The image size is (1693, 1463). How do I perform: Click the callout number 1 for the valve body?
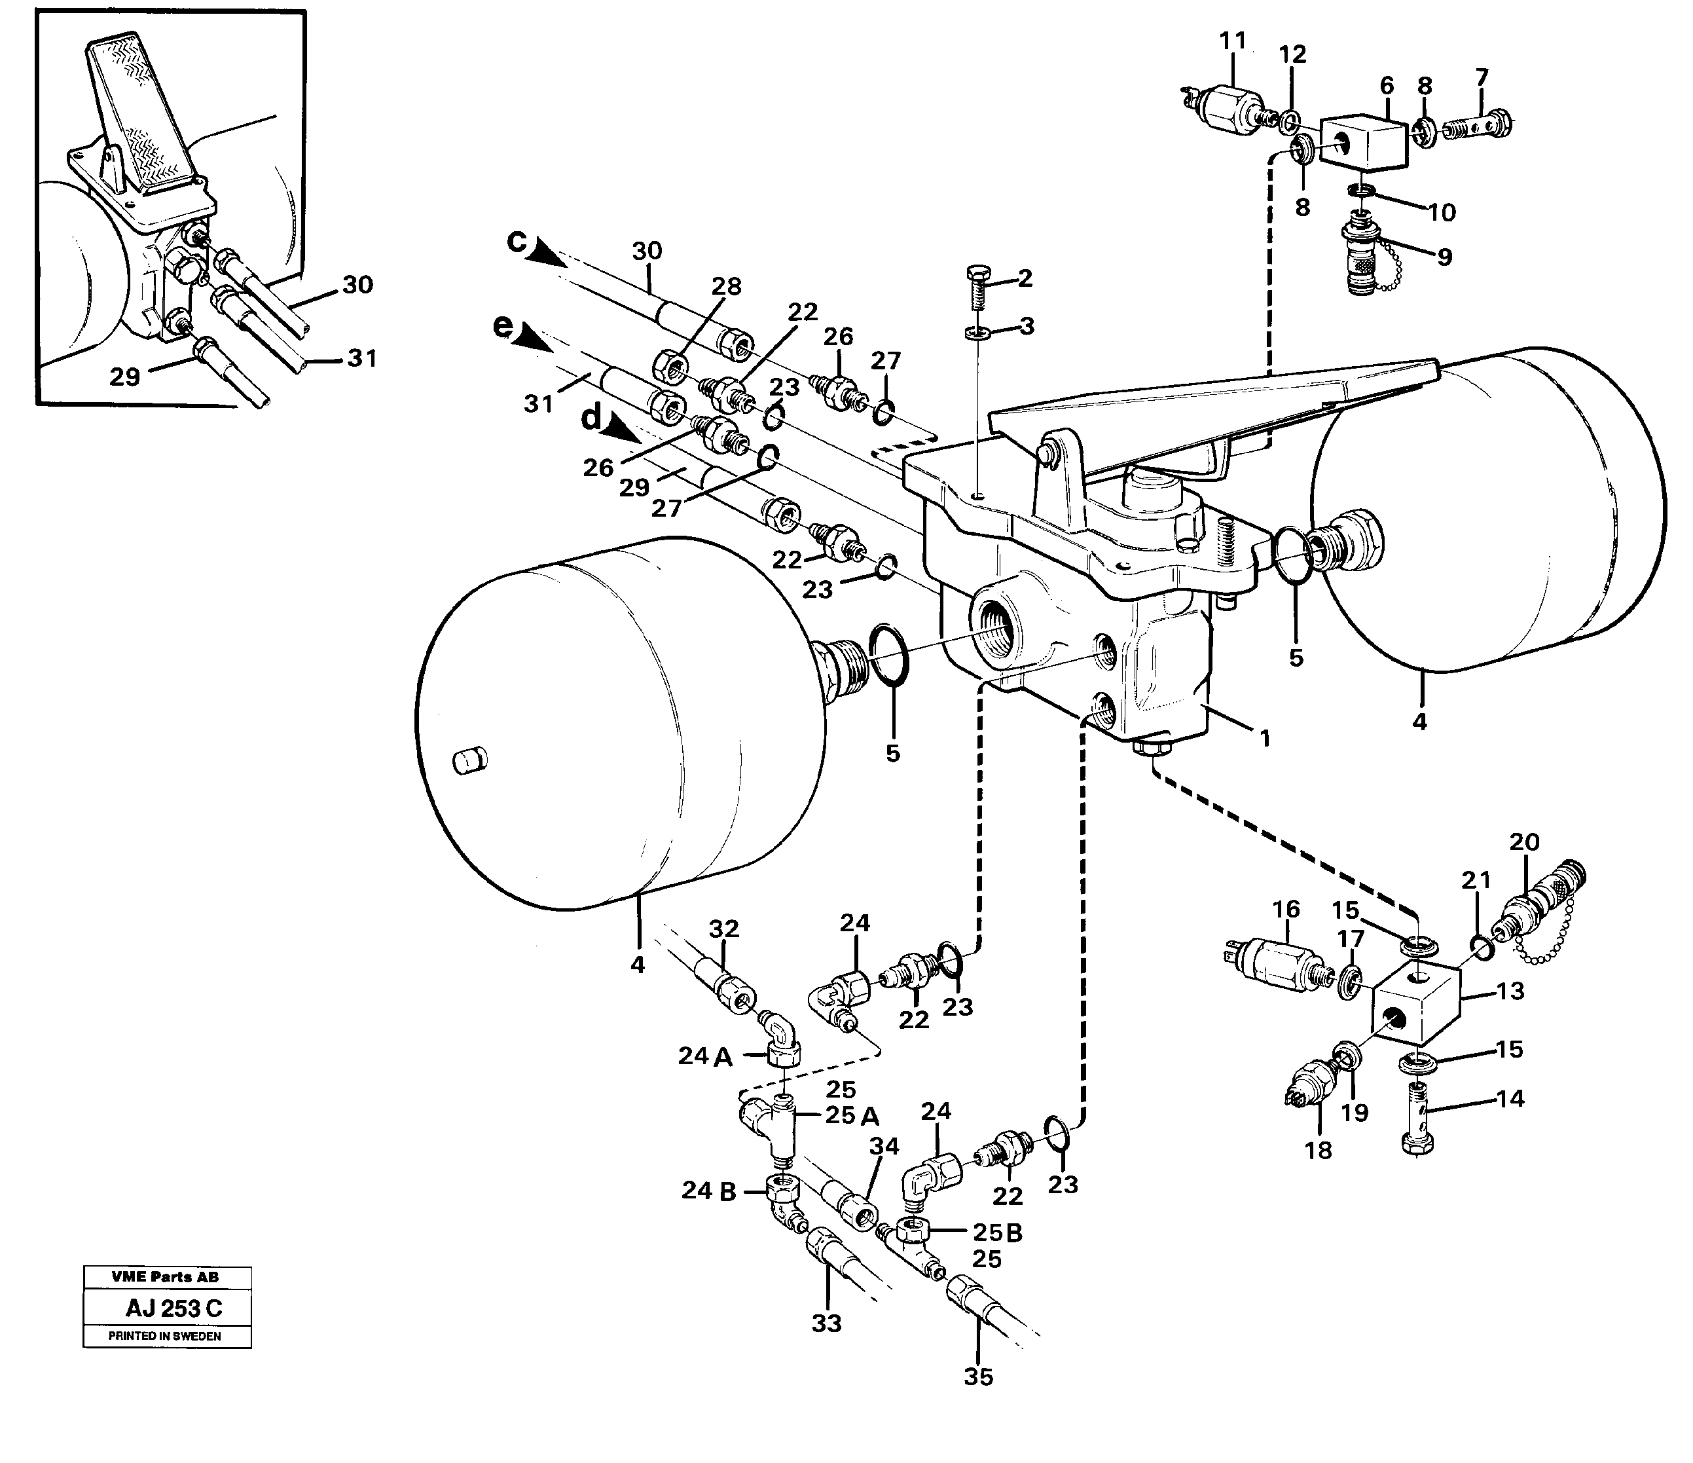coord(1265,739)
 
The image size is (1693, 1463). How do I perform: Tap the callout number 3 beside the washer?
coord(1027,326)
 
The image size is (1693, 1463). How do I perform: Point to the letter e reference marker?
coord(504,326)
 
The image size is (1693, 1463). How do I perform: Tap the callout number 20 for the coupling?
coord(1524,842)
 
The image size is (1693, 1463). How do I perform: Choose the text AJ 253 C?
coord(173,1308)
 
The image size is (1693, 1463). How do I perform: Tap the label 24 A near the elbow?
coord(704,1057)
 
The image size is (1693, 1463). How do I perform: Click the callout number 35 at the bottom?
coord(978,1377)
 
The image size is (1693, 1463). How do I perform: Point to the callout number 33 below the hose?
coord(826,1322)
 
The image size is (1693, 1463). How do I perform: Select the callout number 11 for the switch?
coord(1233,41)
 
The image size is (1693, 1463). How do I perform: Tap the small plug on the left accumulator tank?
coord(470,758)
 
